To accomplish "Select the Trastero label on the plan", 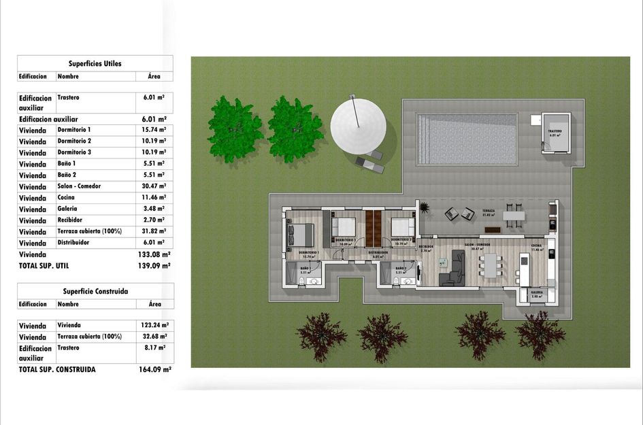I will (555, 131).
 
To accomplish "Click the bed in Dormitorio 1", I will (300, 234).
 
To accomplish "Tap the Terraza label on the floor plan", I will (488, 211).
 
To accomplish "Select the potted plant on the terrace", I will (425, 207).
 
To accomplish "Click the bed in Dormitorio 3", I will (403, 226).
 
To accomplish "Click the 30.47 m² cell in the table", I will (154, 186).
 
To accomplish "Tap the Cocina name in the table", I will (67, 197).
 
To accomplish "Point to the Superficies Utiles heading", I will (95, 63).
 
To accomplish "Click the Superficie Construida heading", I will (95, 291).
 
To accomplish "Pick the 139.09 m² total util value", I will (154, 266).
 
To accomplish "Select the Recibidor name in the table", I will (70, 220).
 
